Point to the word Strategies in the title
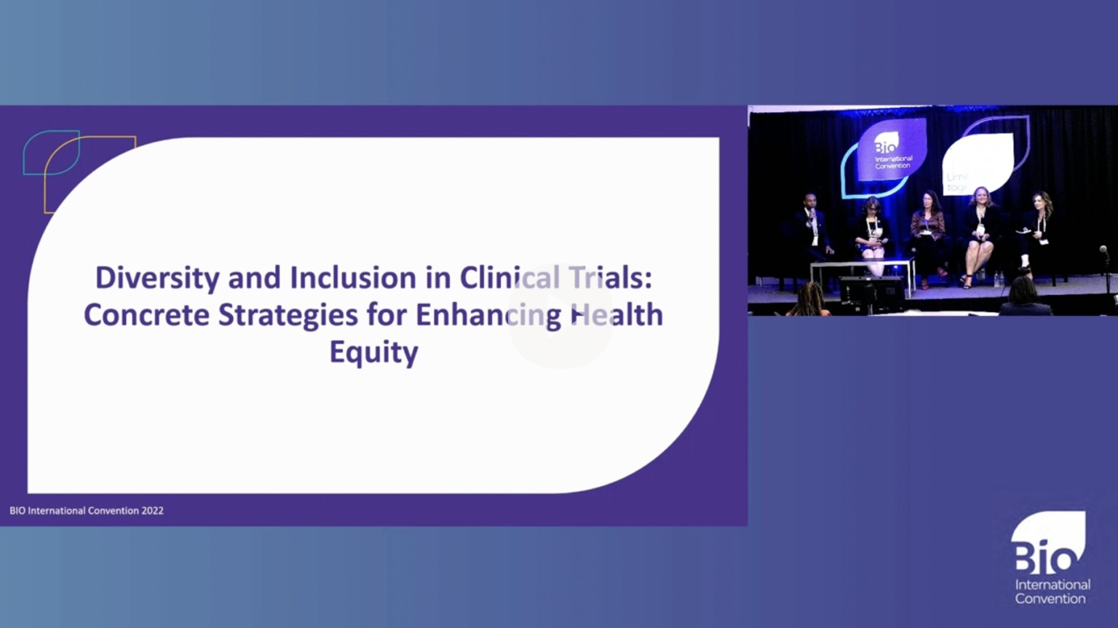tap(288, 315)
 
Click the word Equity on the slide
tap(373, 352)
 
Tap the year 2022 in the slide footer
tap(152, 511)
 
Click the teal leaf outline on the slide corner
tap(49, 151)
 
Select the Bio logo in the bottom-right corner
tap(1049, 557)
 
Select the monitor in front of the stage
tap(871, 293)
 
